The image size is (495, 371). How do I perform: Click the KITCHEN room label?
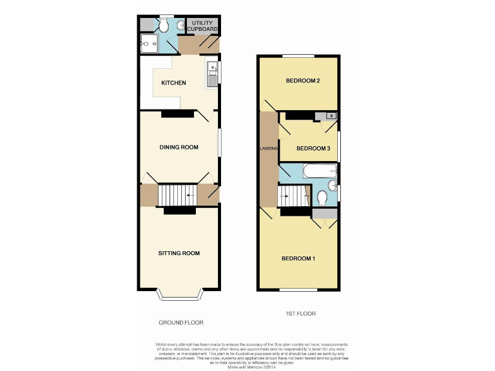pos(173,83)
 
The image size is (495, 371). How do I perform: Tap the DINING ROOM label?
pos(179,147)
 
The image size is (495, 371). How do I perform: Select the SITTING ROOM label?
pos(179,253)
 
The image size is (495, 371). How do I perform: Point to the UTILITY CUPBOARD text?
pos(203,26)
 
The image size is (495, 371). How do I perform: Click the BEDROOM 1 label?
pos(298,259)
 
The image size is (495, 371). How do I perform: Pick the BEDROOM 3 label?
pos(313,149)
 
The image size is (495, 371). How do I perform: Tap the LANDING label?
pos(268,149)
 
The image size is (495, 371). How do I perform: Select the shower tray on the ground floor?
pos(149,44)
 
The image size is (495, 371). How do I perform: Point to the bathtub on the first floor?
pos(318,171)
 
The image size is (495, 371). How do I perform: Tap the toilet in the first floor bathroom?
pos(322,197)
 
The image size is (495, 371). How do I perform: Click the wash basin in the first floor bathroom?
pos(333,186)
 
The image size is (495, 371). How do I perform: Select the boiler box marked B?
pos(331,116)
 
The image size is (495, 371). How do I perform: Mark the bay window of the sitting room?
pos(180,296)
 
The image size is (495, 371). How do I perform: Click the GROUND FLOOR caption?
pos(180,323)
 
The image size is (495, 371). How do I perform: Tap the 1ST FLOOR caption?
pos(300,314)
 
